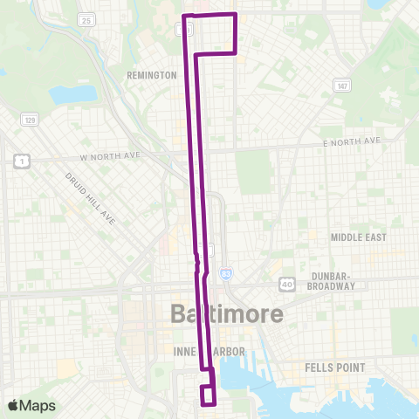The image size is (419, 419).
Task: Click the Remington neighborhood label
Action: pyautogui.click(x=152, y=76)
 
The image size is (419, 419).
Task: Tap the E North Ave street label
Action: pyautogui.click(x=353, y=141)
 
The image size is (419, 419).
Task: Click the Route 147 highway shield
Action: pyautogui.click(x=341, y=85)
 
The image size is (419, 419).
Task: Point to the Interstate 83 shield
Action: pyautogui.click(x=225, y=273)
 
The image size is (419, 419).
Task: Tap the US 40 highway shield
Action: pyautogui.click(x=287, y=284)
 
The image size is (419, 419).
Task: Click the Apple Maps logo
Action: pyautogui.click(x=31, y=405)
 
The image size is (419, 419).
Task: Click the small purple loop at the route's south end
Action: pyautogui.click(x=209, y=395)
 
